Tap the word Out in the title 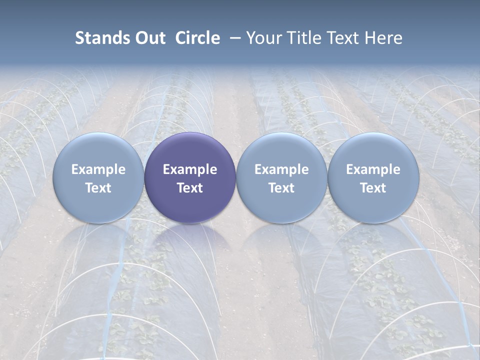click(148, 38)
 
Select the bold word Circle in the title click(197, 38)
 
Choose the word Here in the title click(383, 38)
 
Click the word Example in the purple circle click(190, 169)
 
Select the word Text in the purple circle click(190, 188)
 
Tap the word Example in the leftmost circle click(98, 169)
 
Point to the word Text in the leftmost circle click(98, 188)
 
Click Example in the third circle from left click(281, 169)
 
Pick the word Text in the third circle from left click(281, 188)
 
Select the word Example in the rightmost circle click(373, 169)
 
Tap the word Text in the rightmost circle click(373, 188)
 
